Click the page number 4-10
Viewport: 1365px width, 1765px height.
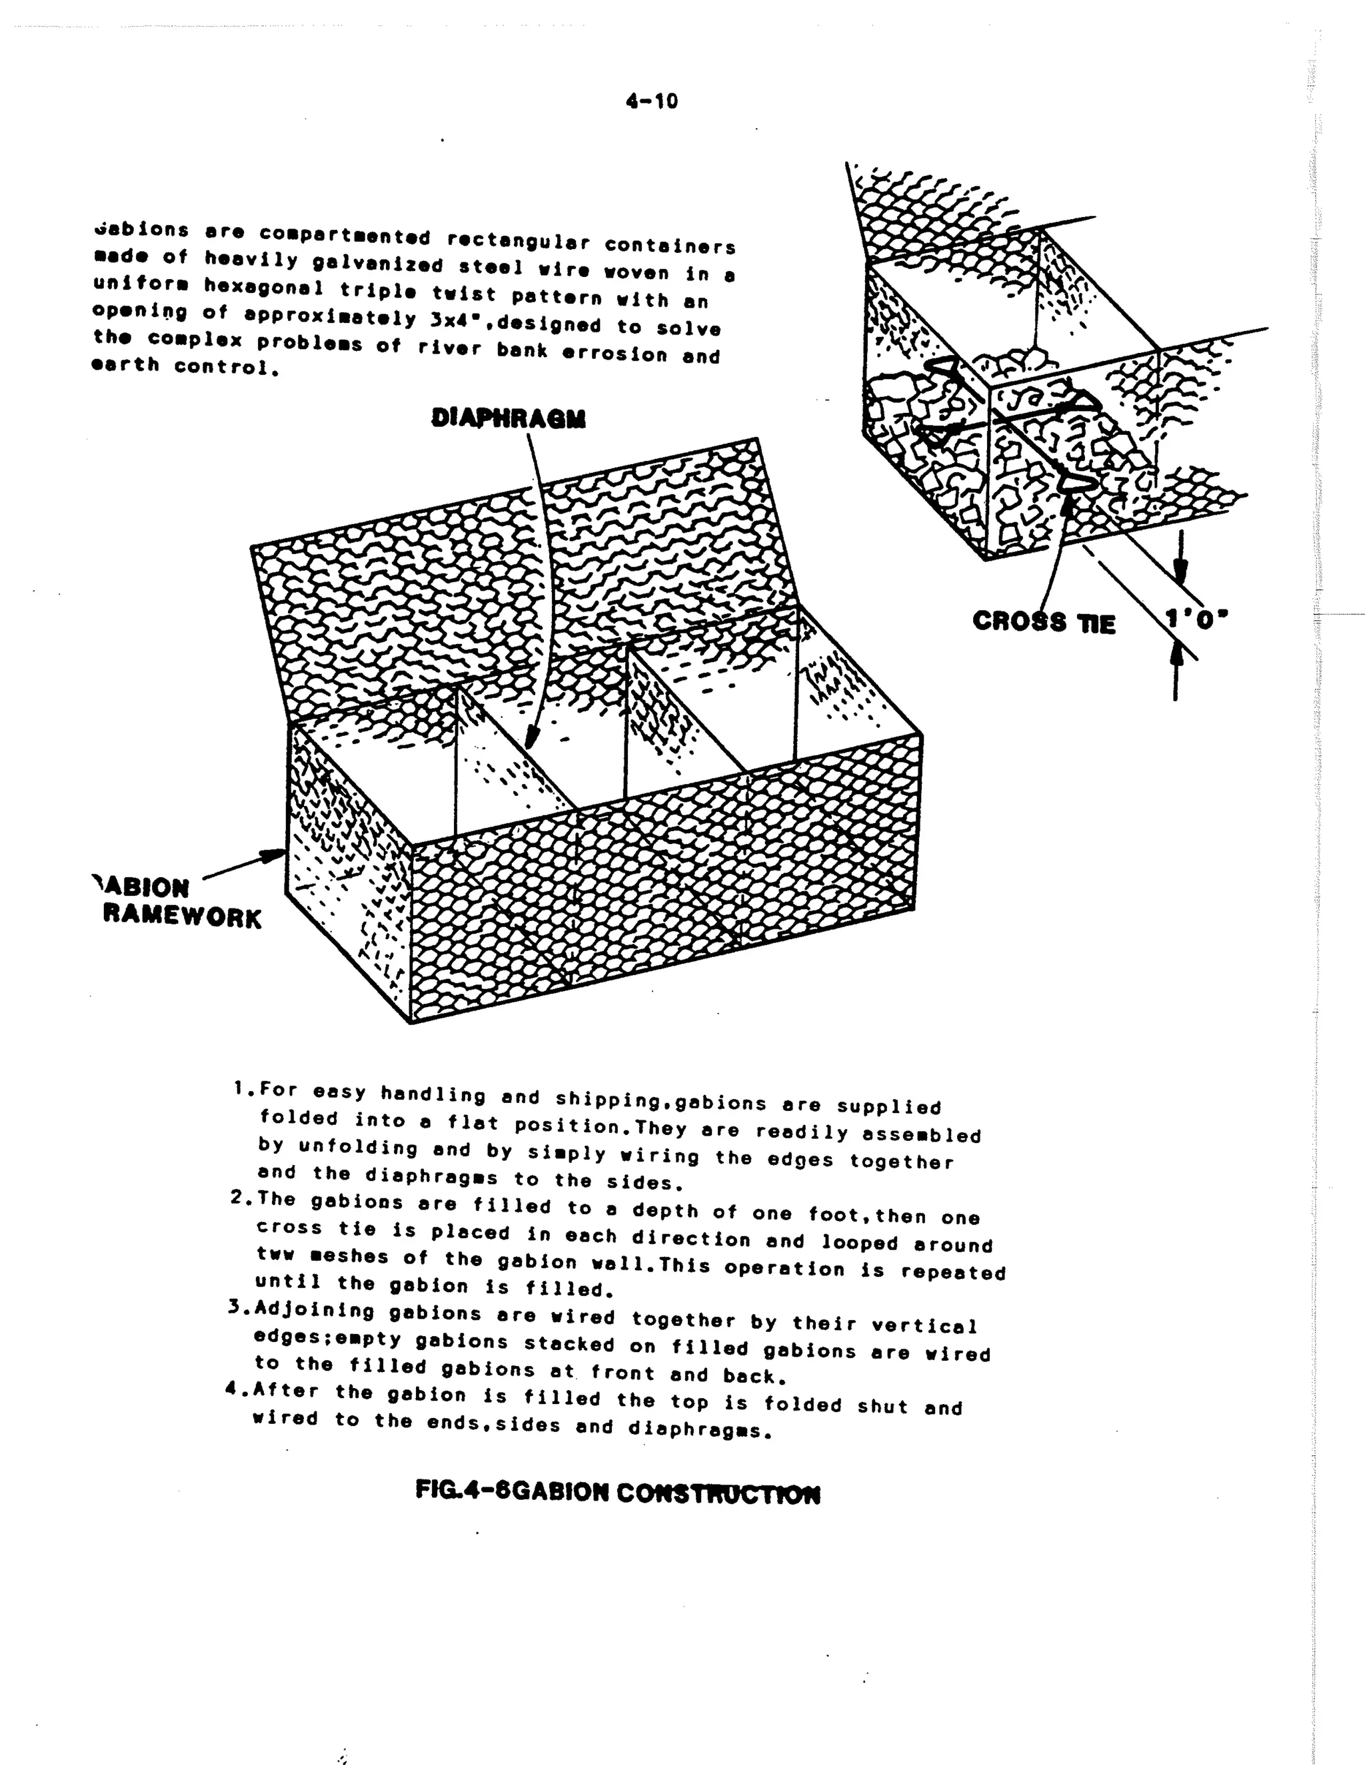651,101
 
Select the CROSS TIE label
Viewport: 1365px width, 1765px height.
1044,621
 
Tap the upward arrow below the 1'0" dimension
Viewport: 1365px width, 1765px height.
1176,663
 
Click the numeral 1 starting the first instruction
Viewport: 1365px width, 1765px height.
239,1088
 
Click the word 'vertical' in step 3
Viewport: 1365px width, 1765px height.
924,1325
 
